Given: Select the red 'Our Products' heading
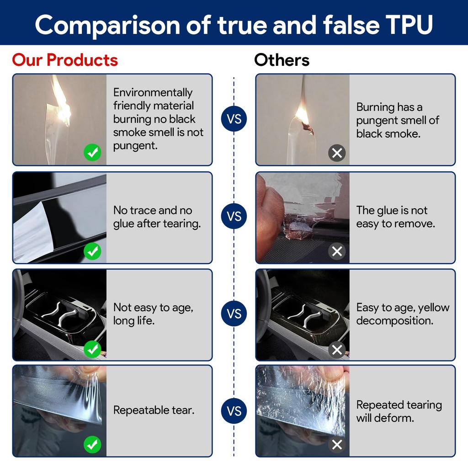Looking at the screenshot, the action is click(65, 60).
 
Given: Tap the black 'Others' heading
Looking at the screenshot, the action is click(282, 60).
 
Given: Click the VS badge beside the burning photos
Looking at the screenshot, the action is click(234, 119).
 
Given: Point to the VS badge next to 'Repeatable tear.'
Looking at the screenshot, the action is click(234, 411).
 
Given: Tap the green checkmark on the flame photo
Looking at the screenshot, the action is click(92, 153).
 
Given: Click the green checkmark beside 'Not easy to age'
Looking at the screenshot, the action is click(92, 349).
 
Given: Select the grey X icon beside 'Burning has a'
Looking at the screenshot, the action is click(337, 153).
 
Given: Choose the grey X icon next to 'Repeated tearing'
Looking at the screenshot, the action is click(337, 445).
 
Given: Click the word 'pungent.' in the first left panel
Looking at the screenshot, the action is click(135, 146).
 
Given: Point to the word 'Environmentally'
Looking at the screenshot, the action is click(153, 92).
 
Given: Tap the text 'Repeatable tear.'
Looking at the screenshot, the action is click(154, 410).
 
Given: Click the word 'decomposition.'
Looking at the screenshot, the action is click(395, 321).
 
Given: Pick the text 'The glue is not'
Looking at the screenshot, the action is click(392, 210).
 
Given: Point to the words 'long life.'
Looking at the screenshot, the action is click(134, 321).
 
